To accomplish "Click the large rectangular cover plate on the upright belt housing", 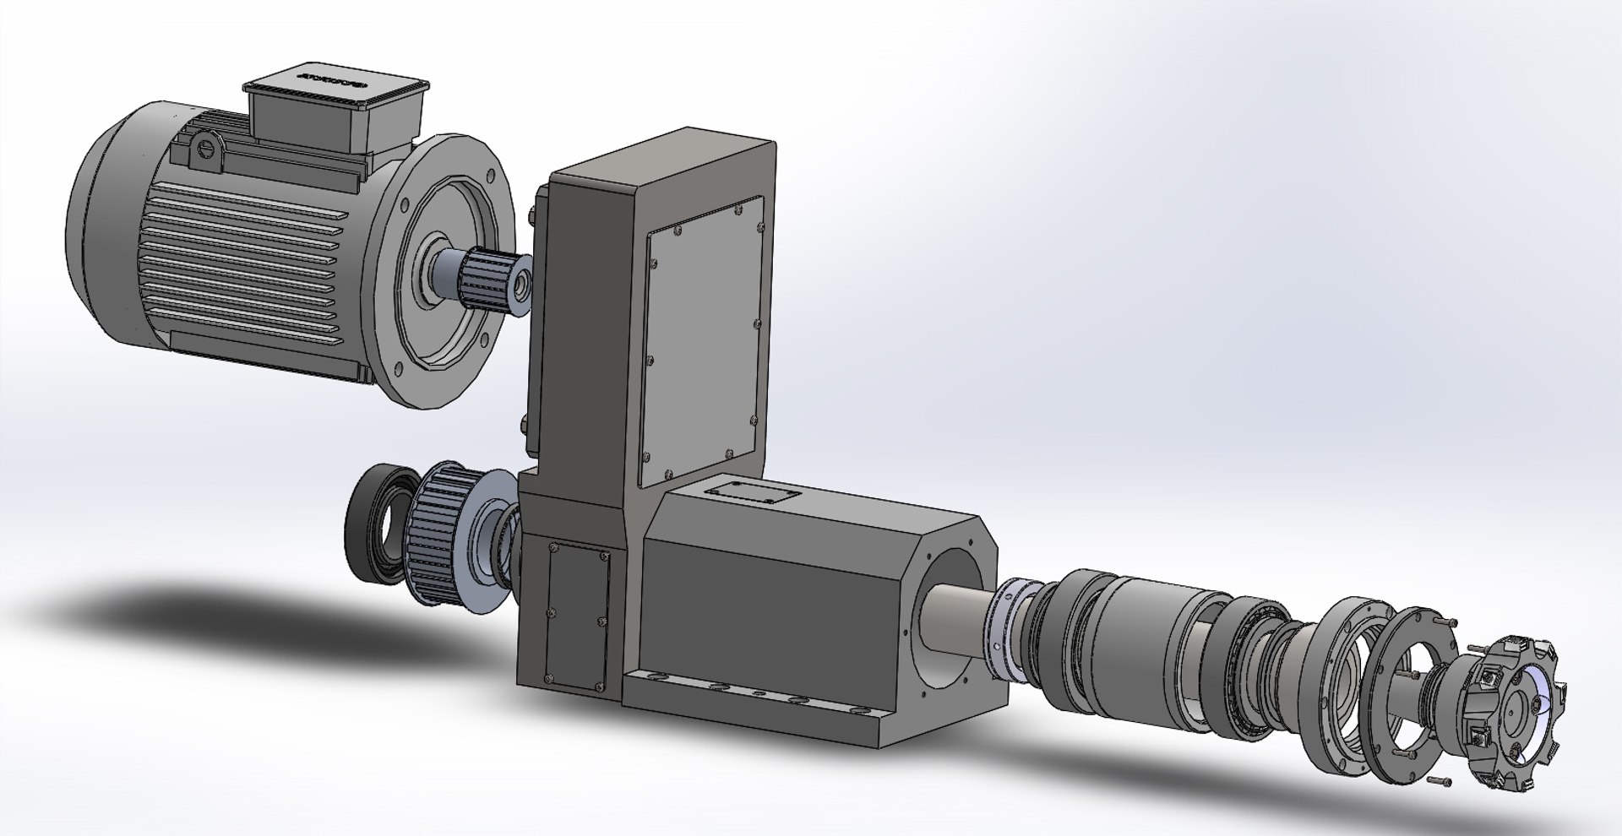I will pos(703,342).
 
